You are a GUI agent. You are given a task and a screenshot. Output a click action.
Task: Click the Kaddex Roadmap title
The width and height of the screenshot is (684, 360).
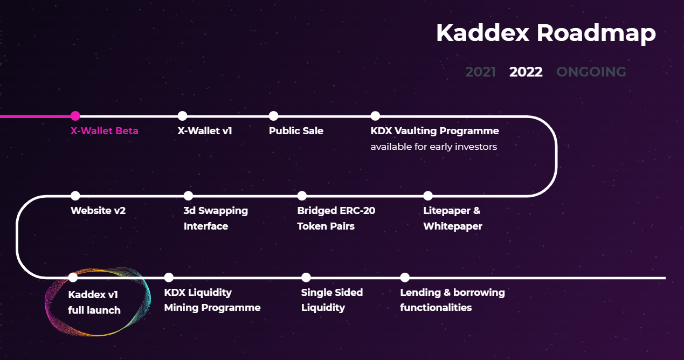point(545,33)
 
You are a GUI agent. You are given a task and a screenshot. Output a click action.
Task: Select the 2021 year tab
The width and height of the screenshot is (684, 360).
point(480,72)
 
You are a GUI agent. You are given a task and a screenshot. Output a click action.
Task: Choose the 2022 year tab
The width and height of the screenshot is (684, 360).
point(526,72)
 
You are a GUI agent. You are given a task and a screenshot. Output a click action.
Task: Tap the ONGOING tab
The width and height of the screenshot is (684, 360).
point(591,72)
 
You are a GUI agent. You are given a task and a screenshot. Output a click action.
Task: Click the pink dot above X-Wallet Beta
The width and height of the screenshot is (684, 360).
point(75,116)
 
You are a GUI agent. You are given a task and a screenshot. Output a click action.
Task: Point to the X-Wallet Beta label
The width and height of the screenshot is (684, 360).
point(105,131)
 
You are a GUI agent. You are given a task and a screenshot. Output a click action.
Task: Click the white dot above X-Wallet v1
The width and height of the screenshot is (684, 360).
point(182,116)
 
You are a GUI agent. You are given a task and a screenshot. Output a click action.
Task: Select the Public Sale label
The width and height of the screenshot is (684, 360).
point(296,131)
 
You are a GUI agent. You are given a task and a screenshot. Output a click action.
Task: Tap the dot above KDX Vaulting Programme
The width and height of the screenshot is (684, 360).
point(375,116)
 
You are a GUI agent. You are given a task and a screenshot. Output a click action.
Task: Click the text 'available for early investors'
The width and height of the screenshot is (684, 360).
point(433,147)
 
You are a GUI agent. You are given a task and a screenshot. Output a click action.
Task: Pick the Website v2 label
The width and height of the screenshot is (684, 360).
point(98,211)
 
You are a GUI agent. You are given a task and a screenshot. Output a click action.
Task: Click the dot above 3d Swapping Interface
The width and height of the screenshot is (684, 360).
point(188,196)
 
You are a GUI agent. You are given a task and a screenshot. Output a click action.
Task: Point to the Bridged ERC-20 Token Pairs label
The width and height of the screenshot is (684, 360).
point(336,218)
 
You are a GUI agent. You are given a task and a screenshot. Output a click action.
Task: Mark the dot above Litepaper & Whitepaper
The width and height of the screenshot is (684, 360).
point(428,196)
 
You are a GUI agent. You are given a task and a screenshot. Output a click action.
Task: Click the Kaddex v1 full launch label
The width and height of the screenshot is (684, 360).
point(94,302)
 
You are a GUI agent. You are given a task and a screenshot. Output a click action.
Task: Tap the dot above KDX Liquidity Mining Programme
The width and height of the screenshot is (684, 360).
point(169,278)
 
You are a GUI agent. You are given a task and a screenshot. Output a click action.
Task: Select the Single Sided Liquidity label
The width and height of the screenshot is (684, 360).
point(331,300)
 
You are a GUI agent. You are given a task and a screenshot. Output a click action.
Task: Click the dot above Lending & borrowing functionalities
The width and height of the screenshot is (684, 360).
point(405,278)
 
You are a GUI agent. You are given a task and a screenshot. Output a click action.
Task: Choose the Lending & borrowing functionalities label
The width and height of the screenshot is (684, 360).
point(452,300)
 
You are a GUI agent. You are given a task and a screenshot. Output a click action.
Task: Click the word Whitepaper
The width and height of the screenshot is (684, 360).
point(452,226)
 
